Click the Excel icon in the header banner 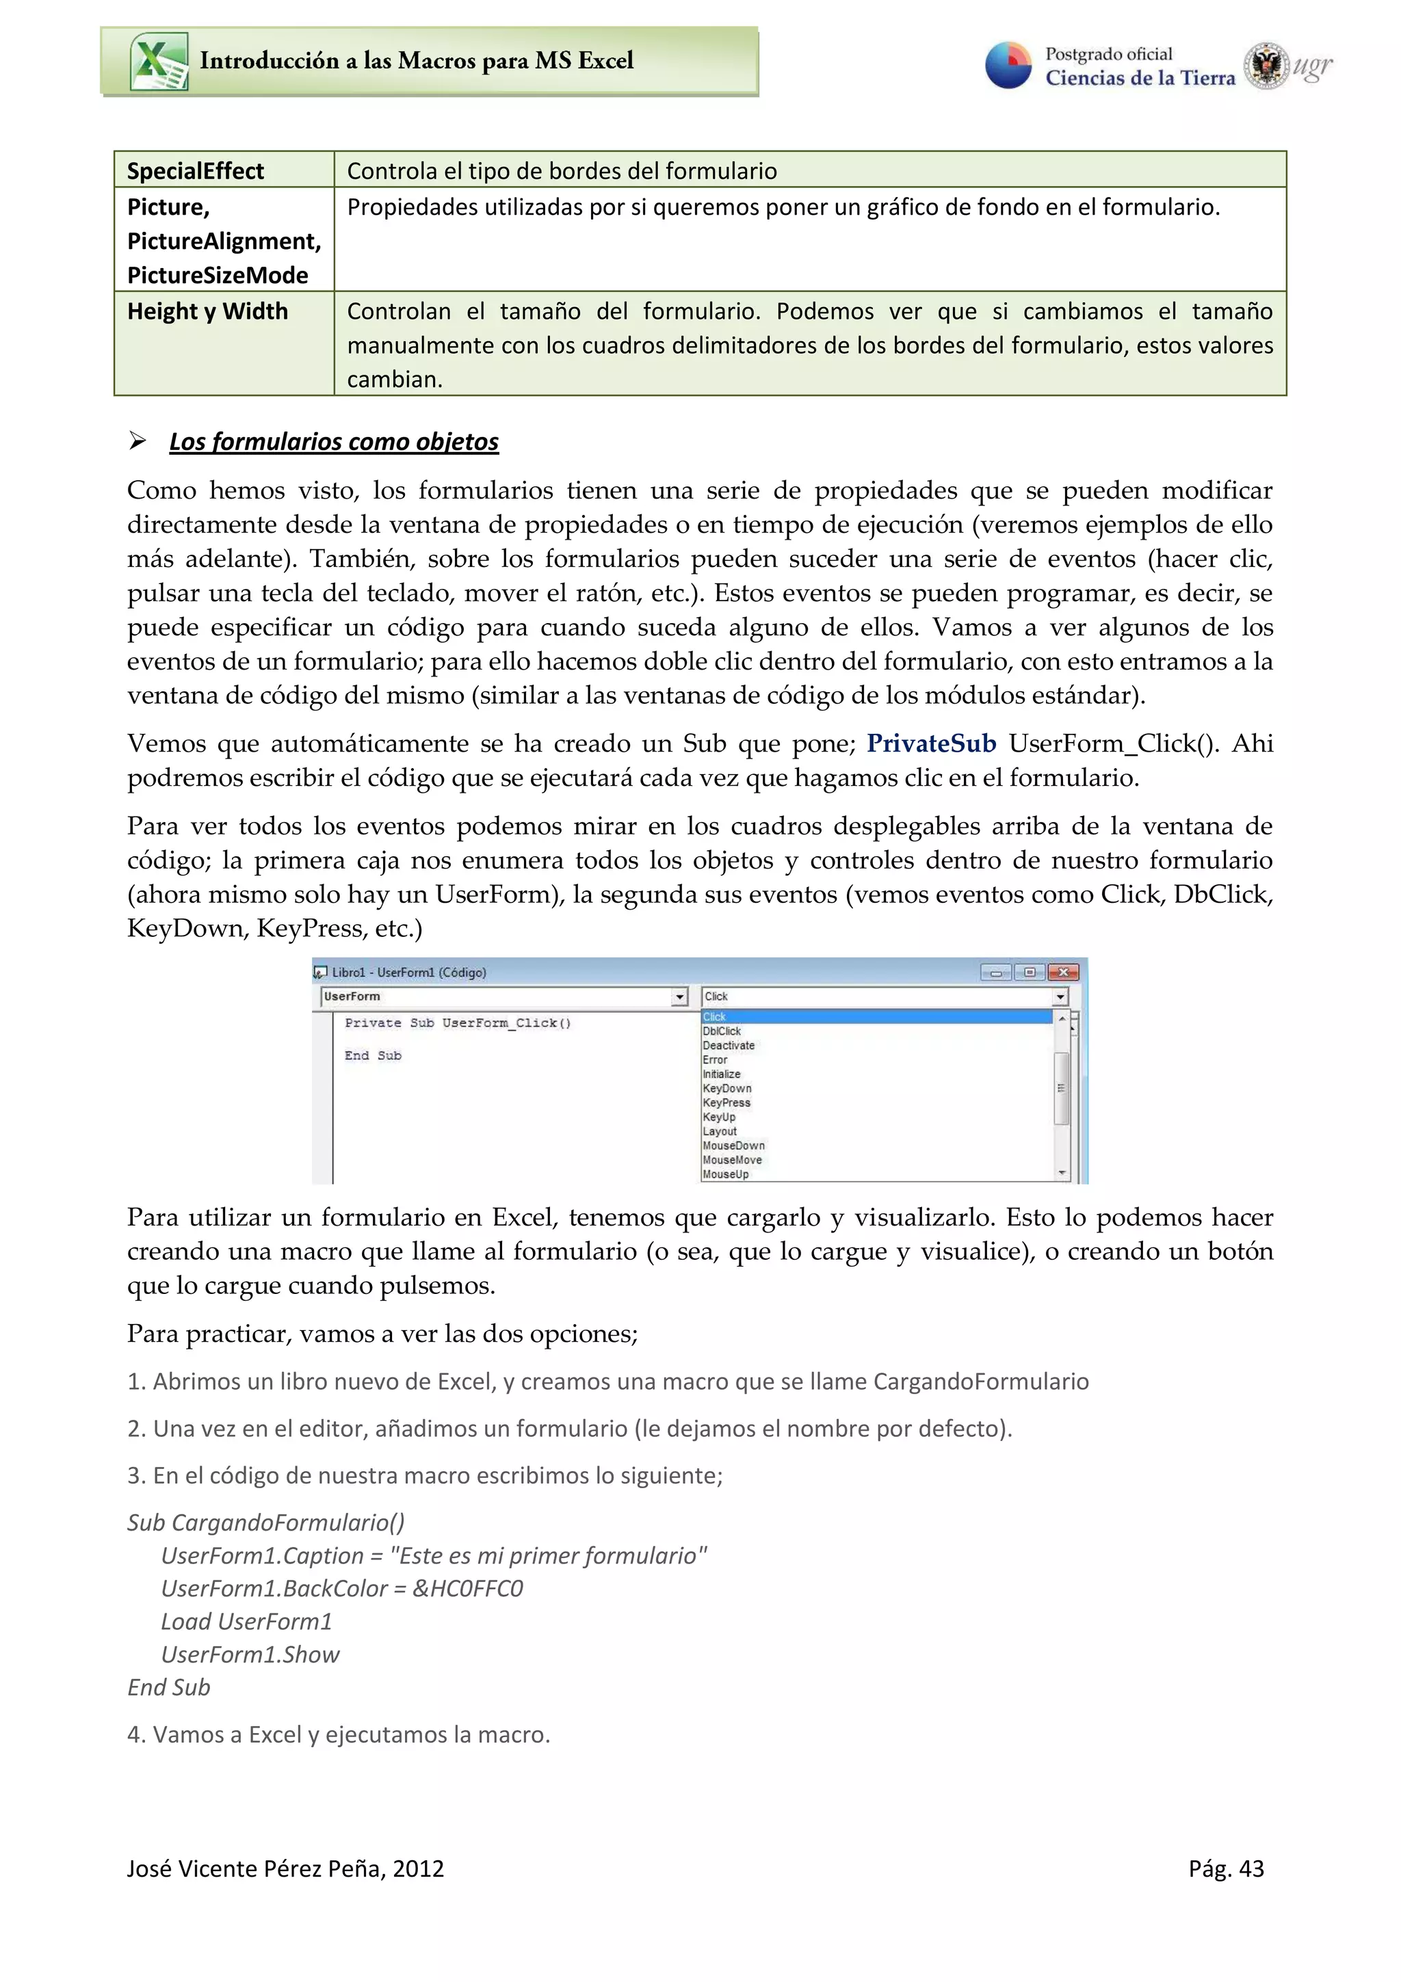coord(159,62)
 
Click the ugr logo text coord(1312,66)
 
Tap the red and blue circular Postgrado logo coord(1008,66)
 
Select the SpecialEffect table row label coord(195,171)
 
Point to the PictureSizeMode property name coord(218,276)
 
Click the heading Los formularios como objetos coord(333,441)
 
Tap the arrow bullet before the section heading coord(138,441)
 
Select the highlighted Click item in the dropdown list coord(715,1017)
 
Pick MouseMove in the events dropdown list coord(732,1160)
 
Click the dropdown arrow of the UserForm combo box coord(679,997)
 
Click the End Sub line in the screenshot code coord(373,1056)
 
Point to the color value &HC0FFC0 coord(467,1588)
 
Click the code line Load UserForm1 coord(246,1621)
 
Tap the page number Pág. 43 coord(1225,1869)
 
